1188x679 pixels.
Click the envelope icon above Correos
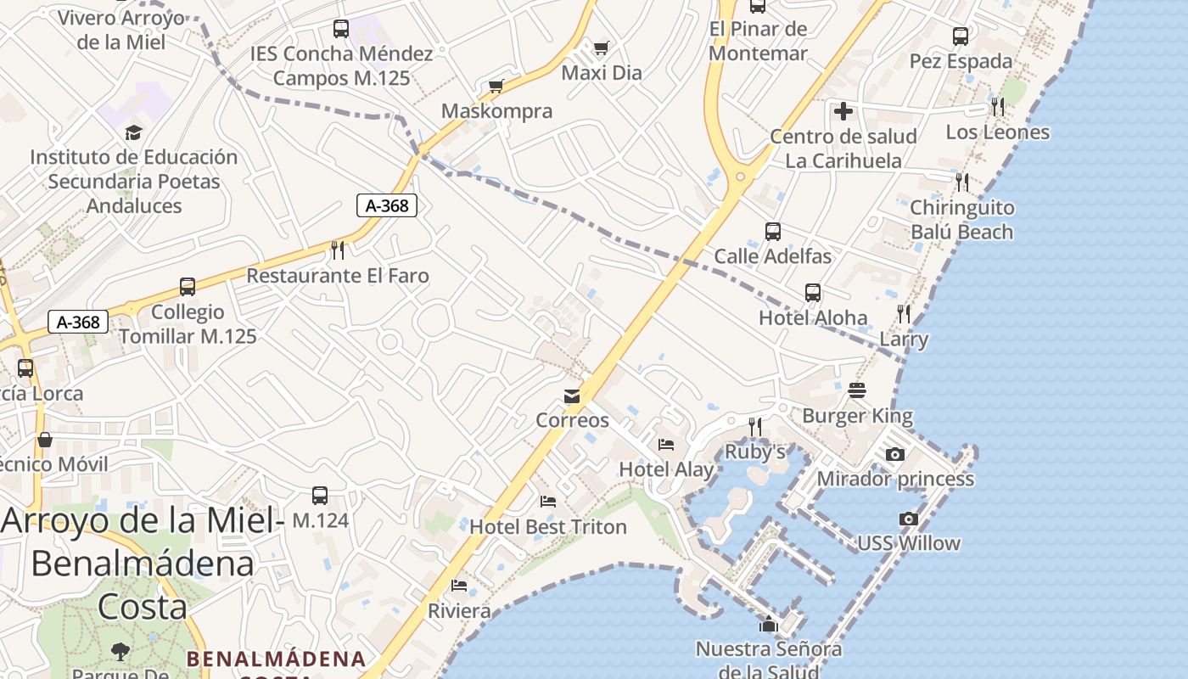(572, 396)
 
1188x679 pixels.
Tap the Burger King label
(857, 416)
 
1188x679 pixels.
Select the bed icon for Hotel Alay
(666, 444)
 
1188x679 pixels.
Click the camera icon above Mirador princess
(894, 455)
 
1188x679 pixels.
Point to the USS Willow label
(908, 543)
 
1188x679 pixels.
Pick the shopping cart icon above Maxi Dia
(602, 48)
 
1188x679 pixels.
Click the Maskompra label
(496, 111)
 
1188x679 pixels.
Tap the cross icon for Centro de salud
(843, 111)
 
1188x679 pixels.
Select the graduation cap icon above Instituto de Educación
(133, 132)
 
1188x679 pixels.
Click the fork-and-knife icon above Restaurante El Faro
(338, 250)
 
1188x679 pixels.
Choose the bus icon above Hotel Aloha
(813, 293)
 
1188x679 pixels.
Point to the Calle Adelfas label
(772, 256)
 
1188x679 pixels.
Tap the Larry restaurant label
(904, 339)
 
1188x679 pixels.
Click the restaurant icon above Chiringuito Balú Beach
(961, 182)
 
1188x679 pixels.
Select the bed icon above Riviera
(459, 586)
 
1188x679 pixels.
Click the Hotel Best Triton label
(547, 527)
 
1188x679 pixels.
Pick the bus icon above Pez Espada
(961, 36)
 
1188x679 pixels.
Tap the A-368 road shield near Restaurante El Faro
(387, 205)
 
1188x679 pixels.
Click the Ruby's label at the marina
(754, 452)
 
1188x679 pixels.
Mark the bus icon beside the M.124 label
(320, 496)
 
